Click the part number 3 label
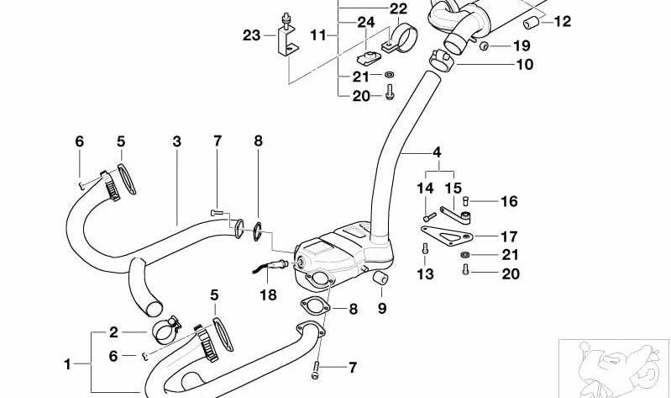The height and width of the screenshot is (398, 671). (176, 141)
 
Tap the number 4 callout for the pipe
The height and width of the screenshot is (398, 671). (436, 153)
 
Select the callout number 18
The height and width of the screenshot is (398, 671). (267, 295)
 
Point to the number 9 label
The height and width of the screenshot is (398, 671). (382, 309)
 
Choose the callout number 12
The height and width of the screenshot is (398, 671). (562, 21)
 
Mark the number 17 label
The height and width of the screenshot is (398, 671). (509, 236)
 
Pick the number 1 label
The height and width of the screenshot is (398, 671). (68, 364)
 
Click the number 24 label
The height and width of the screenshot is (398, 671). (365, 23)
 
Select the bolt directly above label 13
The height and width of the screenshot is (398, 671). (427, 247)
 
